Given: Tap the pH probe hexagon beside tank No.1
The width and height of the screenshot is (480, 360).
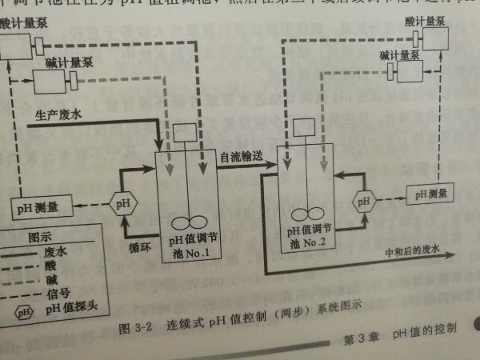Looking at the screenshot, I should [x=122, y=203].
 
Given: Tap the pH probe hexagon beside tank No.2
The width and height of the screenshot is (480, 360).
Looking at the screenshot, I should [x=364, y=198].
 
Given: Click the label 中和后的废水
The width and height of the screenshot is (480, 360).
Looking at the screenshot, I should [x=414, y=250].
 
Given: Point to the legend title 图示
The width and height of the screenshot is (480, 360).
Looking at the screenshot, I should [x=40, y=237].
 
